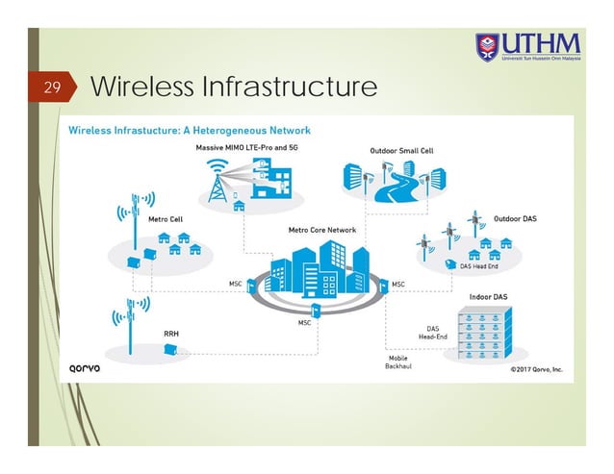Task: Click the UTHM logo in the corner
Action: pyautogui.click(x=527, y=45)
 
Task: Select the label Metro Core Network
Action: pyautogui.click(x=322, y=231)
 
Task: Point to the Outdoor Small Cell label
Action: pyautogui.click(x=402, y=151)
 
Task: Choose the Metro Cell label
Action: pyautogui.click(x=166, y=218)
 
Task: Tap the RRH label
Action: pyautogui.click(x=170, y=334)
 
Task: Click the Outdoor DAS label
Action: pyautogui.click(x=515, y=218)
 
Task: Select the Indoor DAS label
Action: pyautogui.click(x=489, y=296)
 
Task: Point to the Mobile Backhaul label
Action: pyautogui.click(x=397, y=362)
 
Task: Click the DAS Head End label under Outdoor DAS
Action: pyautogui.click(x=478, y=267)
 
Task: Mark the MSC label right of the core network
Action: pyautogui.click(x=398, y=284)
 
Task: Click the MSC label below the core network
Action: pyautogui.click(x=303, y=323)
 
